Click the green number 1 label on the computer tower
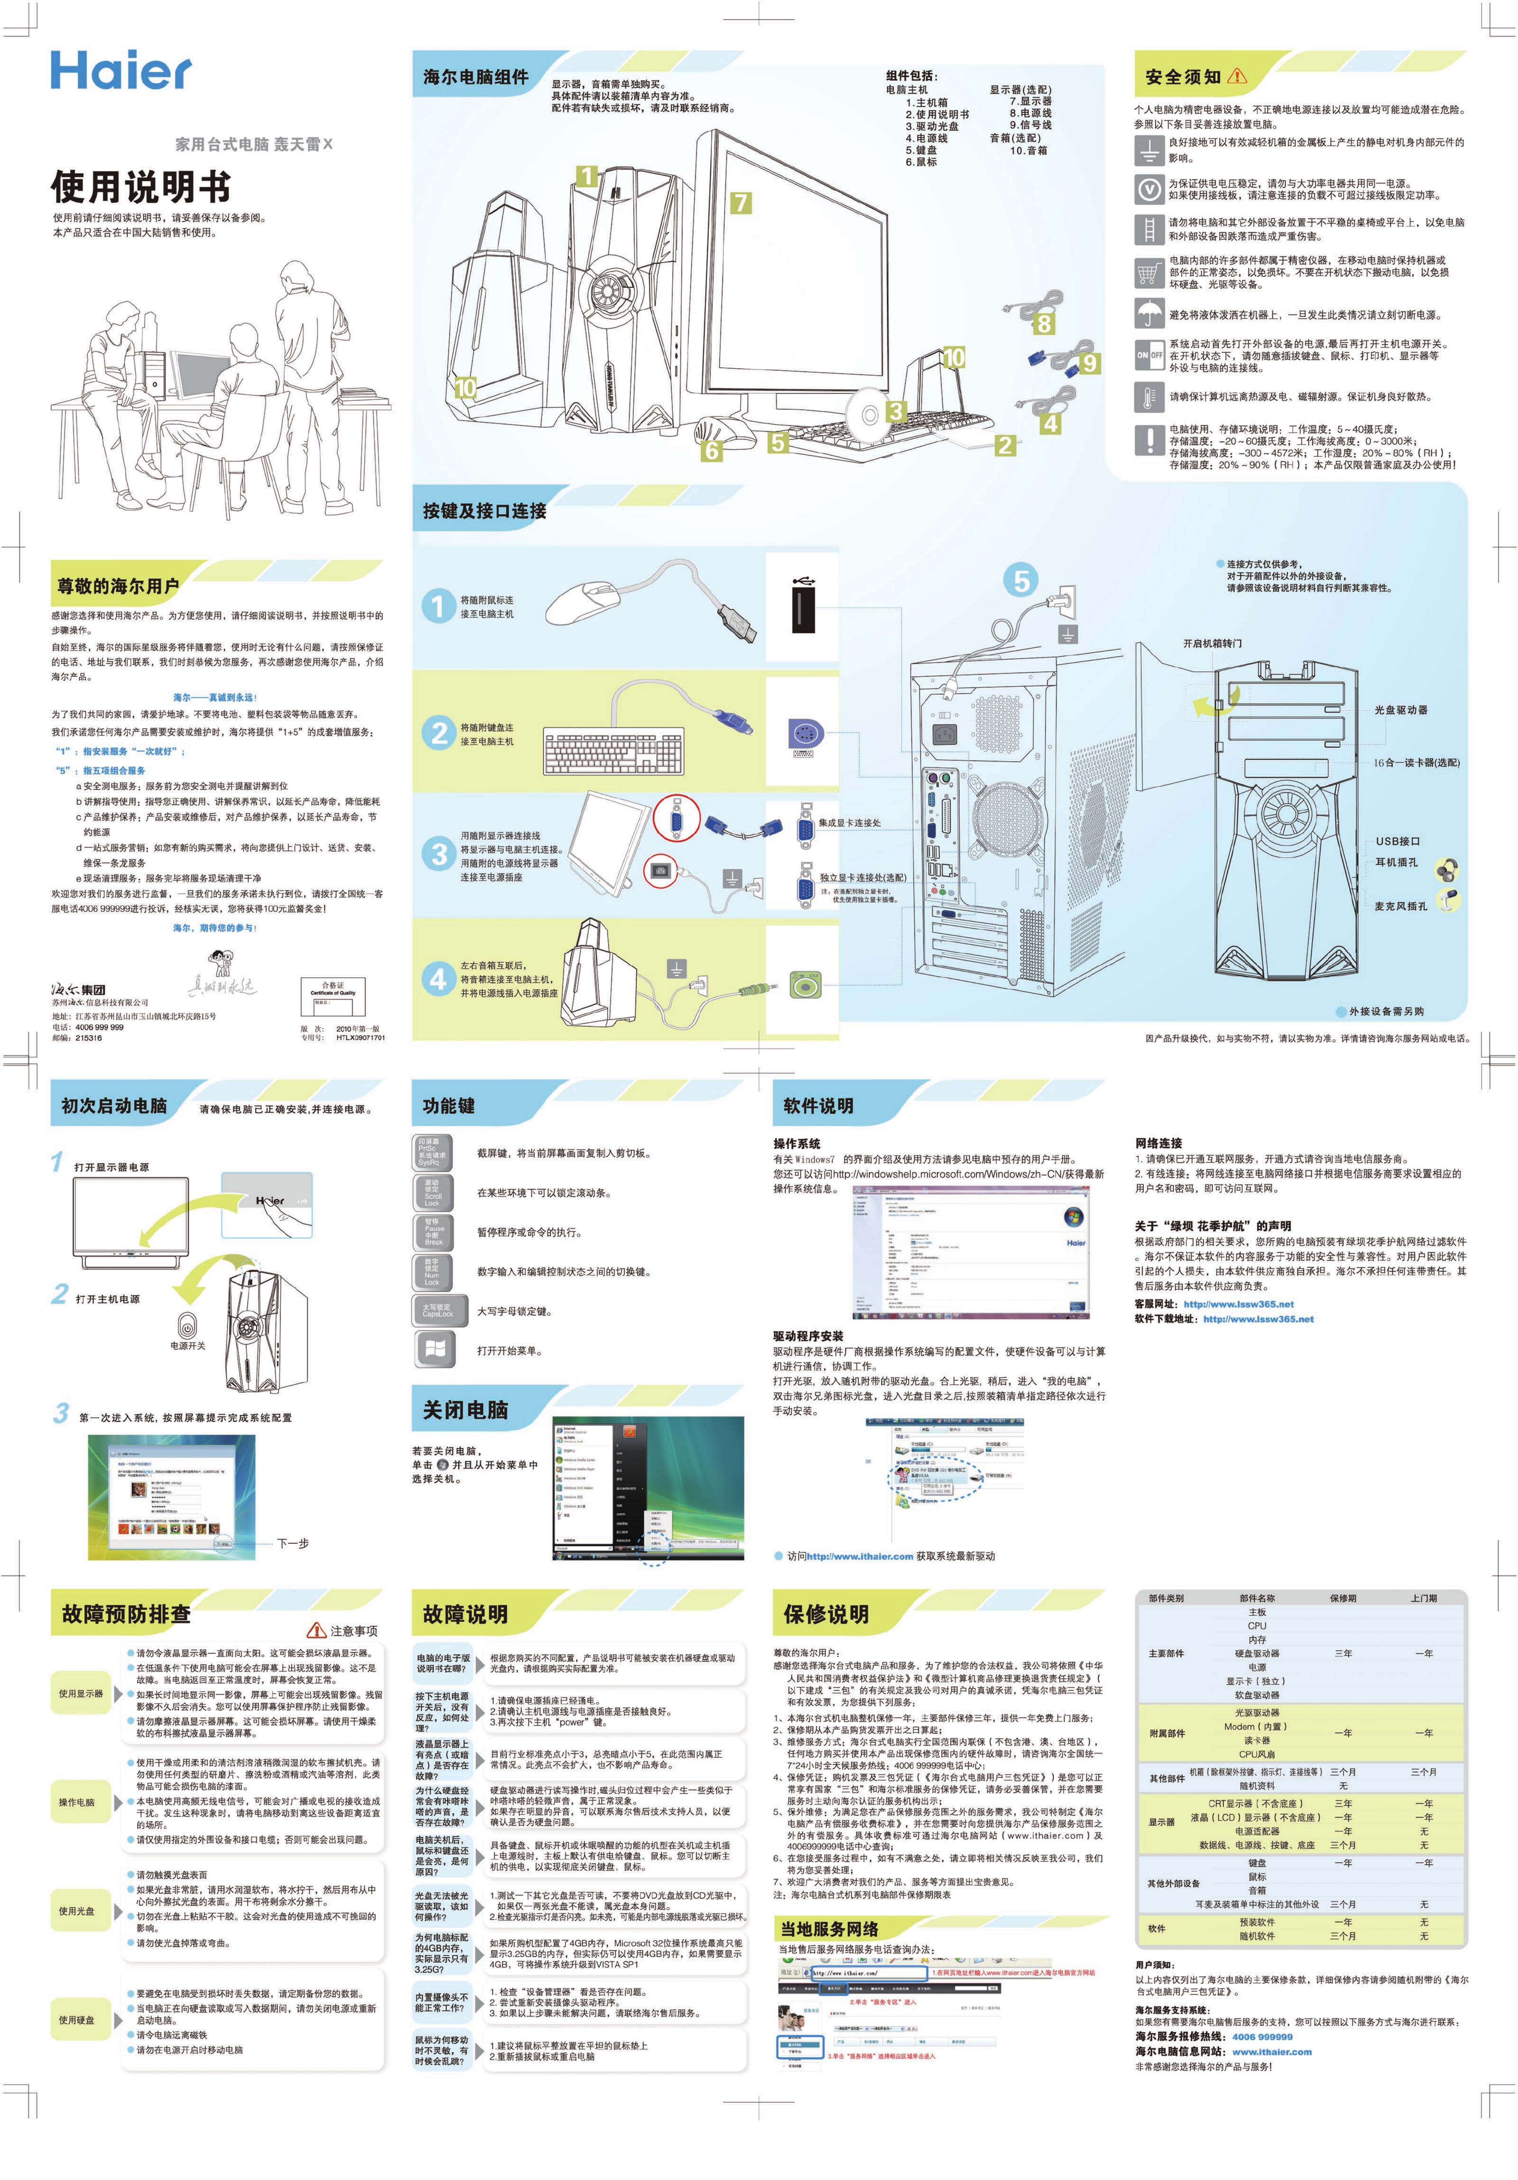587,177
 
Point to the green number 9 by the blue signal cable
1089,363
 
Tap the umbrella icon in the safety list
1149,312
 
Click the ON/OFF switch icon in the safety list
1149,355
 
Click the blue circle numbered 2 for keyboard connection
439,732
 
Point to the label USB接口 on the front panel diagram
1397,841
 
